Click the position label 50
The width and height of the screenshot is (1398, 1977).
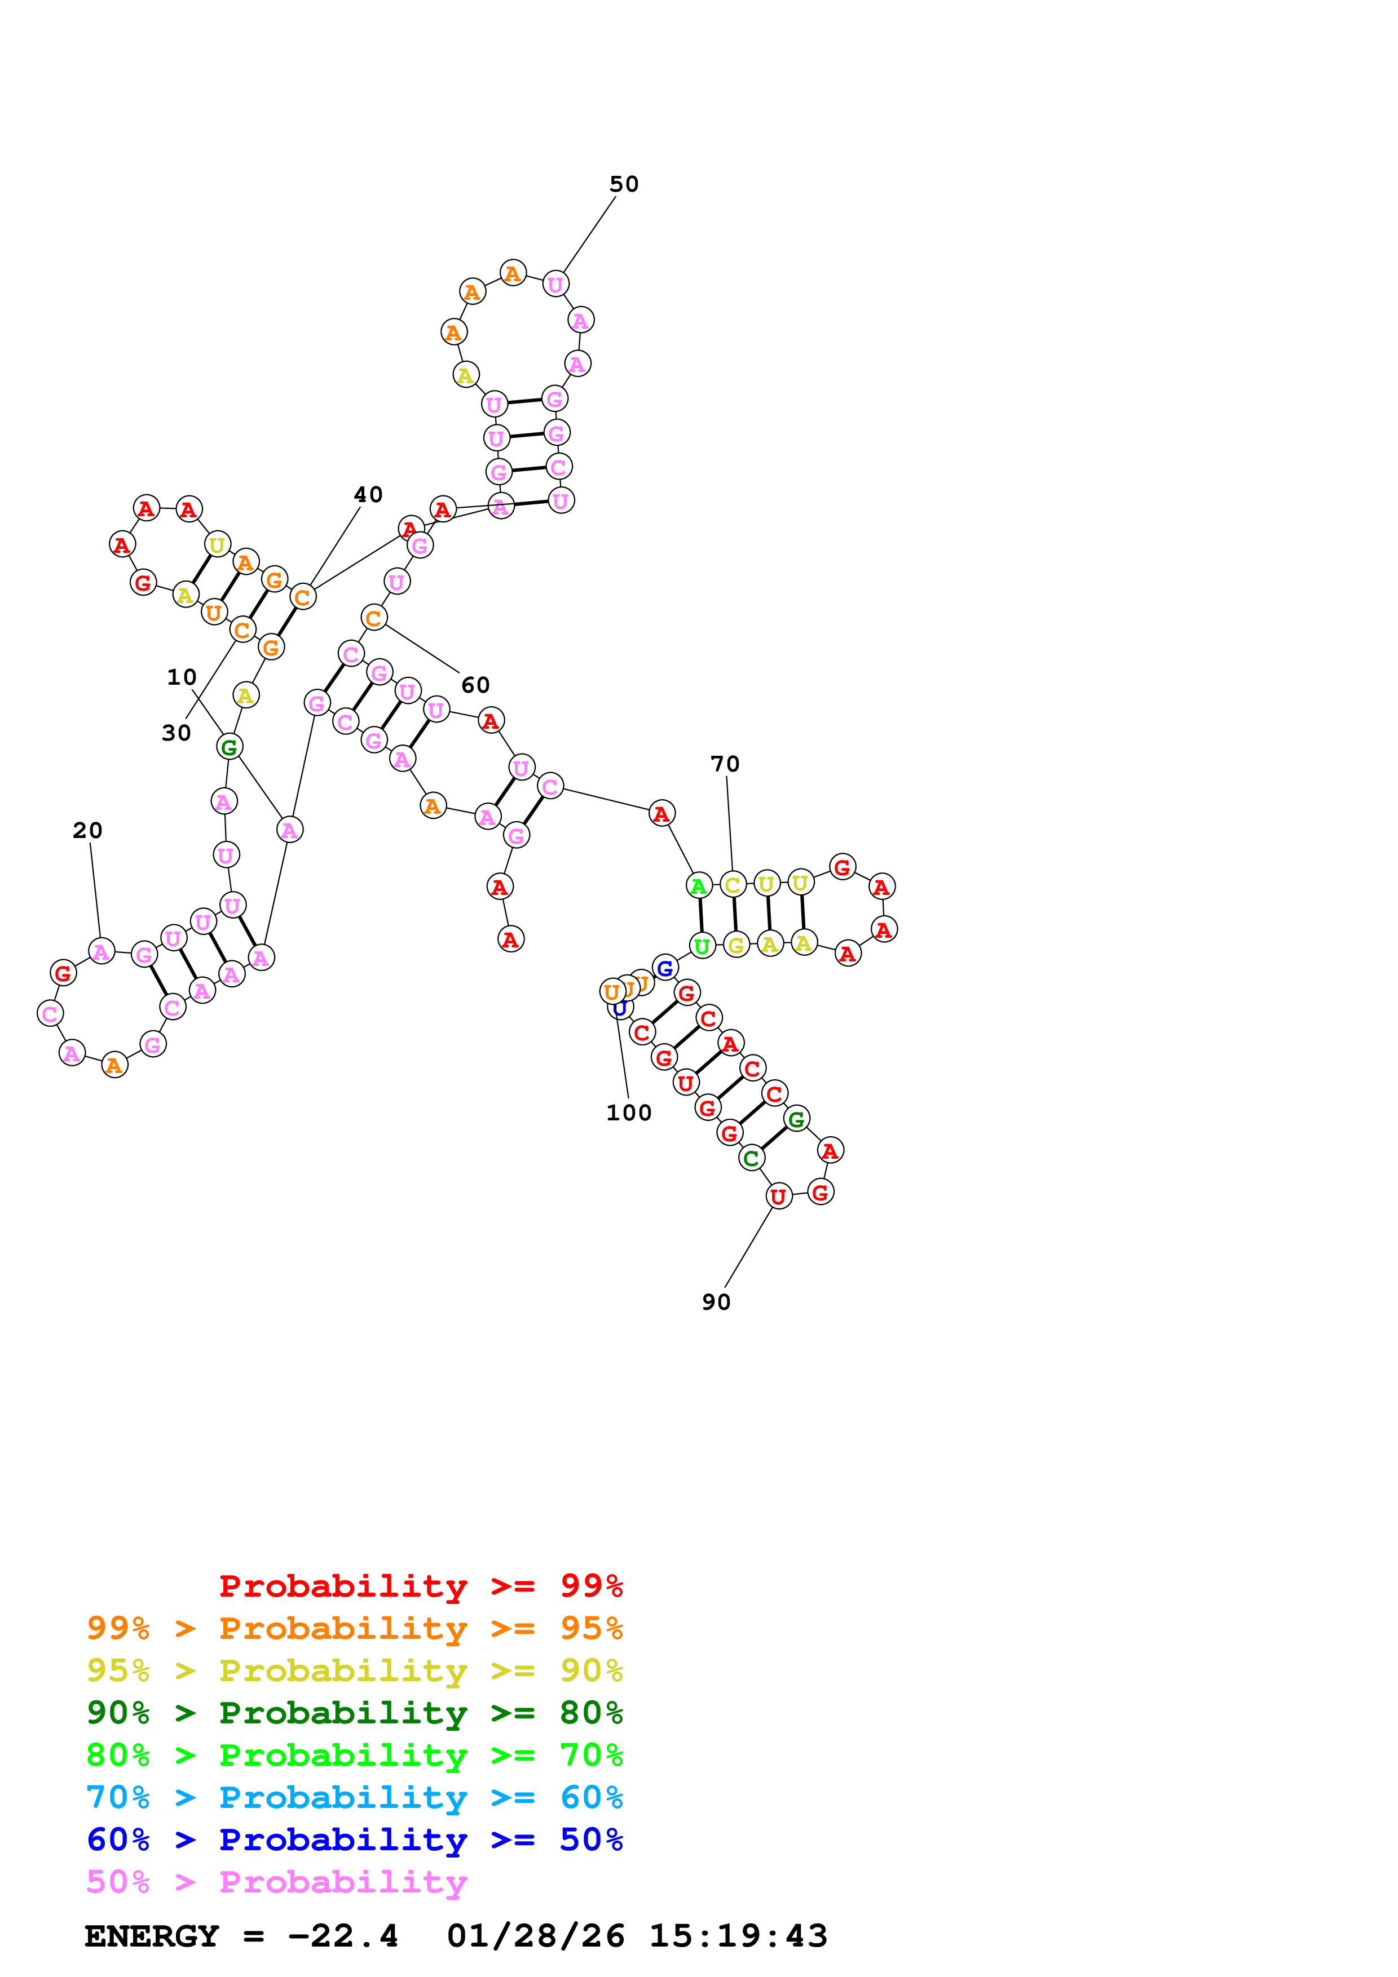pos(624,184)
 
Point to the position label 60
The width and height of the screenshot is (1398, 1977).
pos(475,685)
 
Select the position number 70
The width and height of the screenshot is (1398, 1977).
pos(725,765)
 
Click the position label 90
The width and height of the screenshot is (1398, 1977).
pos(716,1303)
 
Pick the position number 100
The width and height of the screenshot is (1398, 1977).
pos(629,1114)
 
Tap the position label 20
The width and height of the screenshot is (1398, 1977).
pos(87,831)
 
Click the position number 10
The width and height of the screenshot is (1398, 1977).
pos(182,677)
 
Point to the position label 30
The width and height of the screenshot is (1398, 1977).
pos(177,734)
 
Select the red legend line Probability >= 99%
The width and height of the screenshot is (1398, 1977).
pos(420,1586)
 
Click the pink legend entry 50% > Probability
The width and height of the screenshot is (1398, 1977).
pos(276,1882)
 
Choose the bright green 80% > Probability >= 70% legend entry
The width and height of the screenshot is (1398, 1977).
pos(354,1756)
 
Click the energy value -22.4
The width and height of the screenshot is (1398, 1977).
pos(343,1936)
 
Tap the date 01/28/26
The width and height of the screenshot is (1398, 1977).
pos(535,1936)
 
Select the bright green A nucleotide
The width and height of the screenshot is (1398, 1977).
pos(699,885)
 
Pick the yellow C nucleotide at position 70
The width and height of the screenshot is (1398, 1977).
pos(732,884)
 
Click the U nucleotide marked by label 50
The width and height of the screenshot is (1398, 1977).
pos(555,283)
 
